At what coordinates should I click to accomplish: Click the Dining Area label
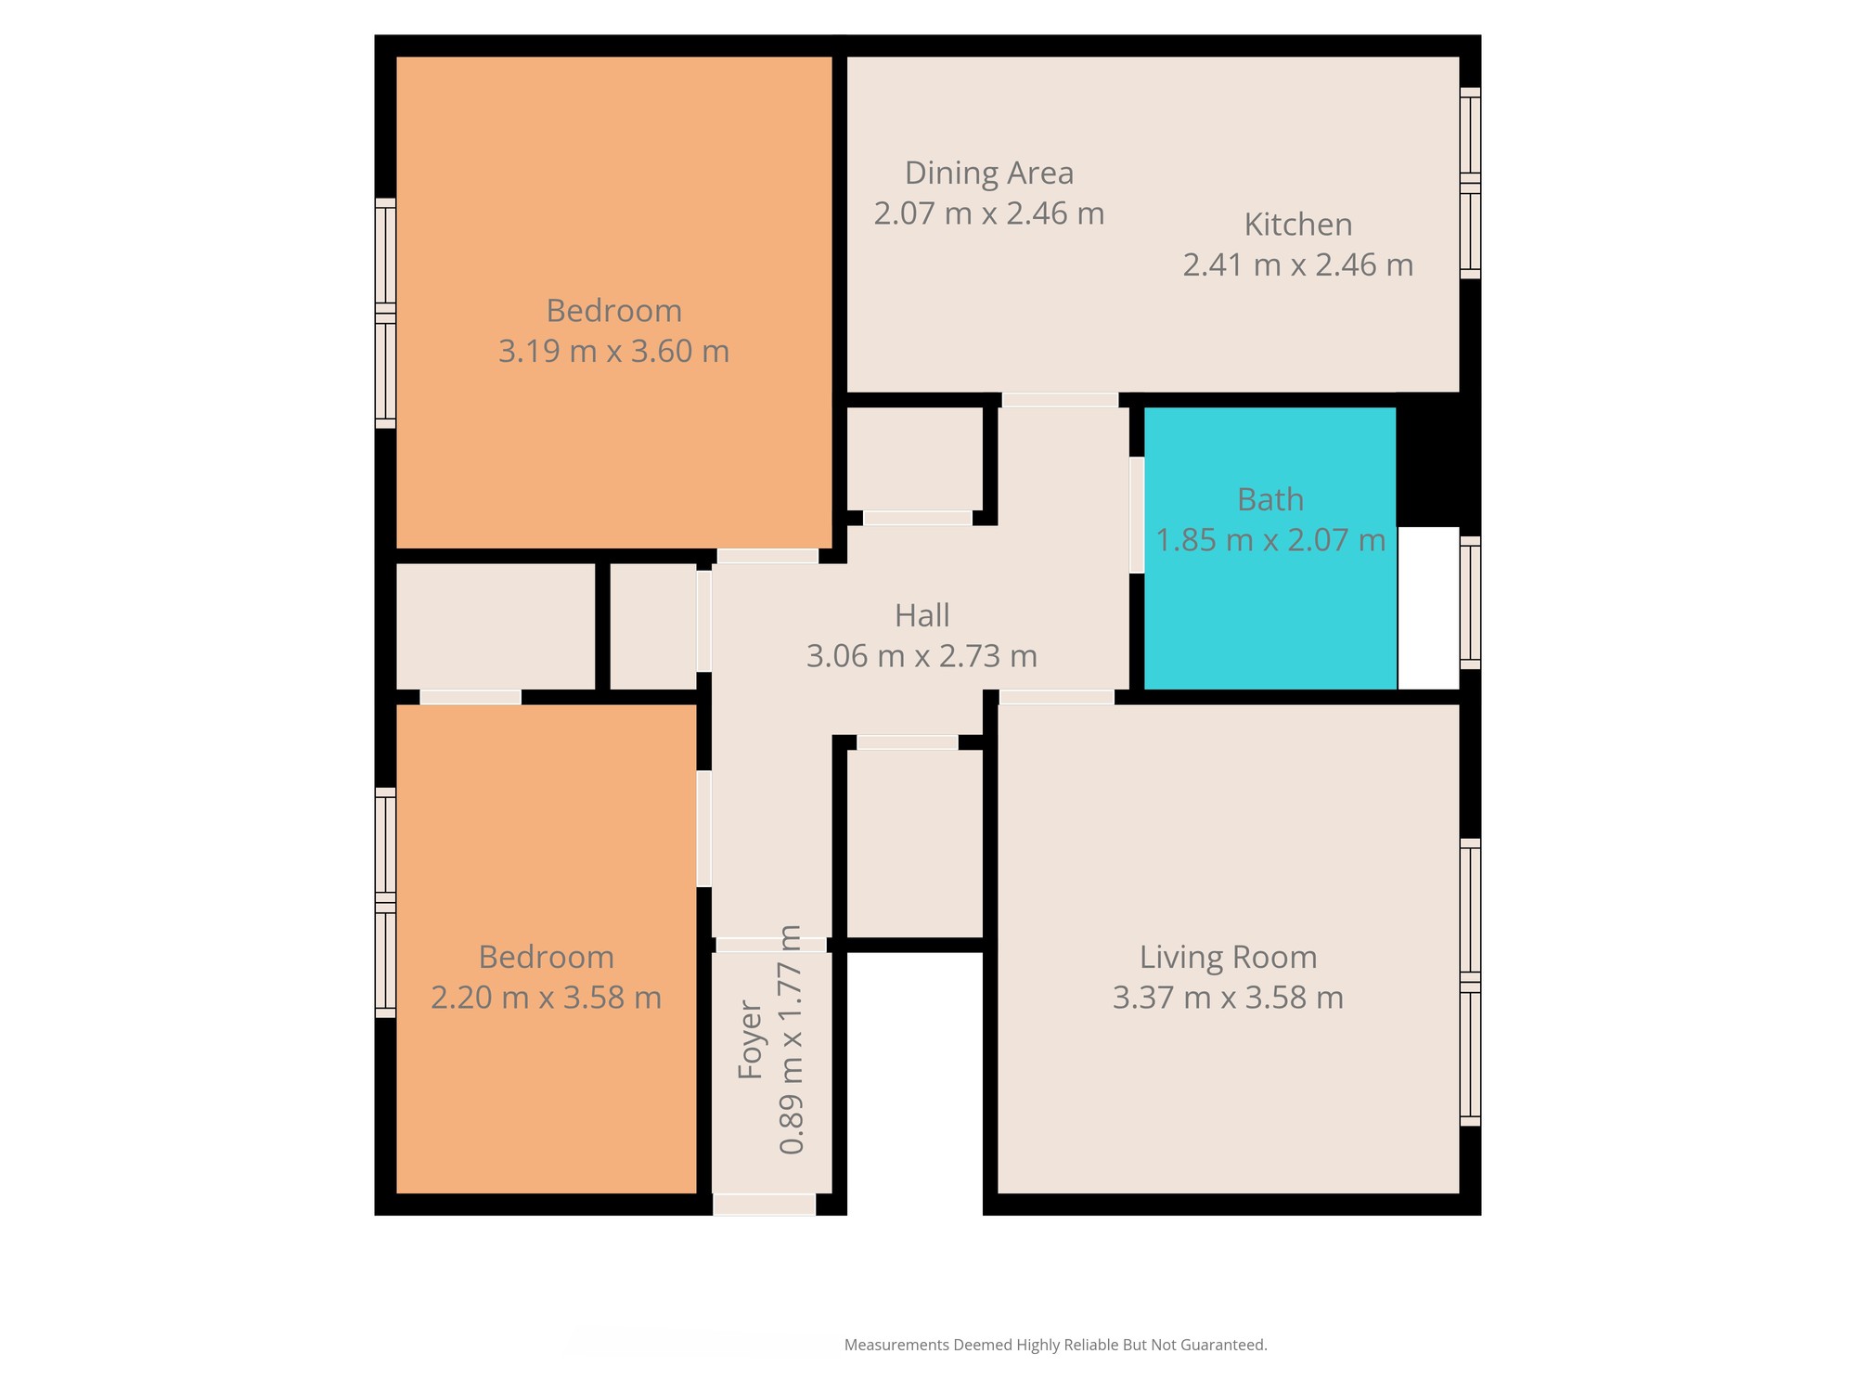[x=989, y=174]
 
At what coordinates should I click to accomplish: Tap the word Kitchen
[x=1298, y=225]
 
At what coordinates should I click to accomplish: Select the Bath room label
[x=1270, y=500]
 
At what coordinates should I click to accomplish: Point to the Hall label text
[x=922, y=616]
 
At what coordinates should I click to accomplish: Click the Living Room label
[x=1229, y=957]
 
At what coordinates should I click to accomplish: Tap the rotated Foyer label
[x=750, y=1039]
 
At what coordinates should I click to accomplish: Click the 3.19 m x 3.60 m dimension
[x=614, y=352]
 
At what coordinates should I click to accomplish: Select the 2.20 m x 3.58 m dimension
[x=547, y=998]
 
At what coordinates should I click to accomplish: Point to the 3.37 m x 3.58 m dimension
[x=1229, y=998]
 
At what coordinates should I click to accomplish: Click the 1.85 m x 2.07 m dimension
[x=1270, y=540]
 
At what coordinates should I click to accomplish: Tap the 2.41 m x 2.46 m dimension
[x=1298, y=265]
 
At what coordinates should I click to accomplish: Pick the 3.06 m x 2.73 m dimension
[x=922, y=657]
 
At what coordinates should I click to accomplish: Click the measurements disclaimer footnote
[x=1056, y=1345]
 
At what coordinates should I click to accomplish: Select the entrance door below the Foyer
[x=765, y=1205]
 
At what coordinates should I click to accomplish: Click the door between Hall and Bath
[x=1137, y=515]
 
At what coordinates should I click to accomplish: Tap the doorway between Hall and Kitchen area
[x=1060, y=400]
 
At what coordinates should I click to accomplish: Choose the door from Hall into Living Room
[x=1057, y=698]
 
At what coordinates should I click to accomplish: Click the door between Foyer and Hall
[x=771, y=945]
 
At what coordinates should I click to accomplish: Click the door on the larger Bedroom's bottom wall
[x=767, y=557]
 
